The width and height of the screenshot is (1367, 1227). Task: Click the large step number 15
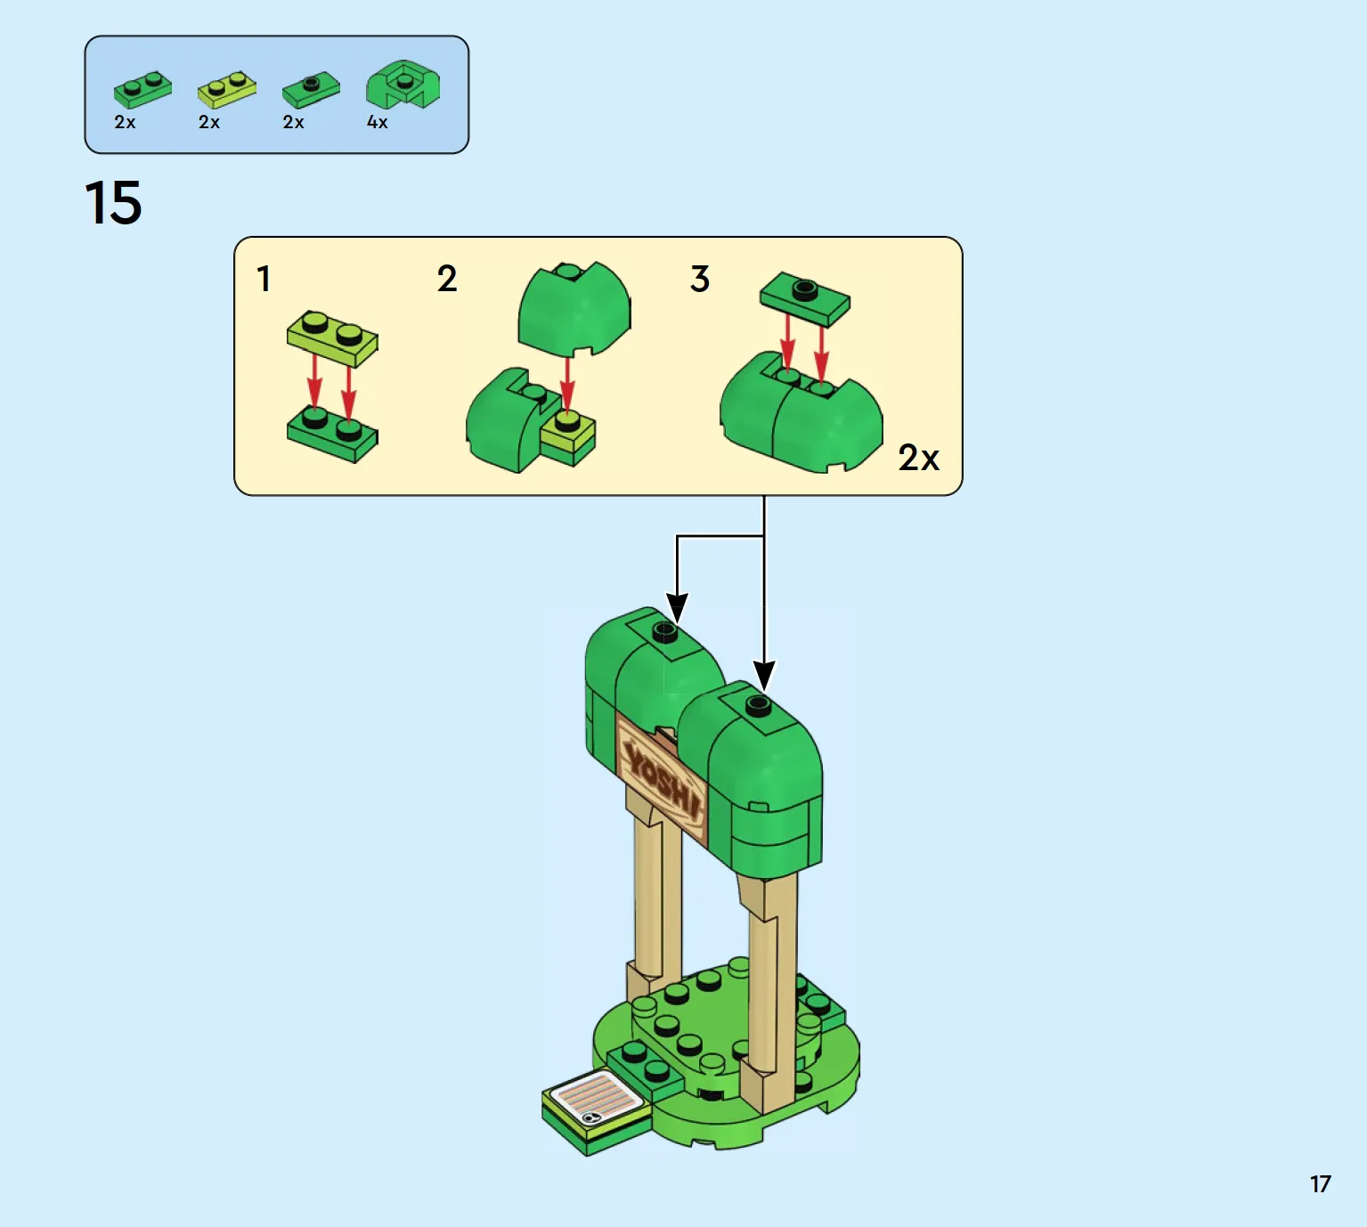pyautogui.click(x=113, y=202)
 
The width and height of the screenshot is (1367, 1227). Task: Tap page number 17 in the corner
pyautogui.click(x=1321, y=1183)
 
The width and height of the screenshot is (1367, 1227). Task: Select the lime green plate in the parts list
pyautogui.click(x=227, y=88)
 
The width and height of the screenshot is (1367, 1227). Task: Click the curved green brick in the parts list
pyautogui.click(x=403, y=85)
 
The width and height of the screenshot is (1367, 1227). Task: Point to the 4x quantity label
pyautogui.click(x=378, y=122)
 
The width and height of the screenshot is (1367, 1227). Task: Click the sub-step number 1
pyautogui.click(x=264, y=279)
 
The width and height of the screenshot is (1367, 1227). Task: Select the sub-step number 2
pyautogui.click(x=447, y=279)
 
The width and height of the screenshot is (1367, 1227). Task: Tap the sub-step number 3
pyautogui.click(x=700, y=279)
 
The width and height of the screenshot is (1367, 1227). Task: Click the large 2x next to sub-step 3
pyautogui.click(x=918, y=458)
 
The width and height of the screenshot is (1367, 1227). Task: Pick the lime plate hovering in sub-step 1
pyautogui.click(x=332, y=338)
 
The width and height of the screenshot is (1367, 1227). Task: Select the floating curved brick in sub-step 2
pyautogui.click(x=574, y=309)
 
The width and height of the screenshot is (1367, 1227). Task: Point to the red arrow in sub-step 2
pyautogui.click(x=567, y=386)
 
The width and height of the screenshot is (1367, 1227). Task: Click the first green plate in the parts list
pyautogui.click(x=142, y=89)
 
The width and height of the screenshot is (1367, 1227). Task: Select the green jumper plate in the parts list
pyautogui.click(x=311, y=89)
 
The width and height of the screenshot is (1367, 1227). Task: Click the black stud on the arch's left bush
pyautogui.click(x=664, y=632)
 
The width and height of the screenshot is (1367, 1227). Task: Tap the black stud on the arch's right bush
pyautogui.click(x=758, y=706)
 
